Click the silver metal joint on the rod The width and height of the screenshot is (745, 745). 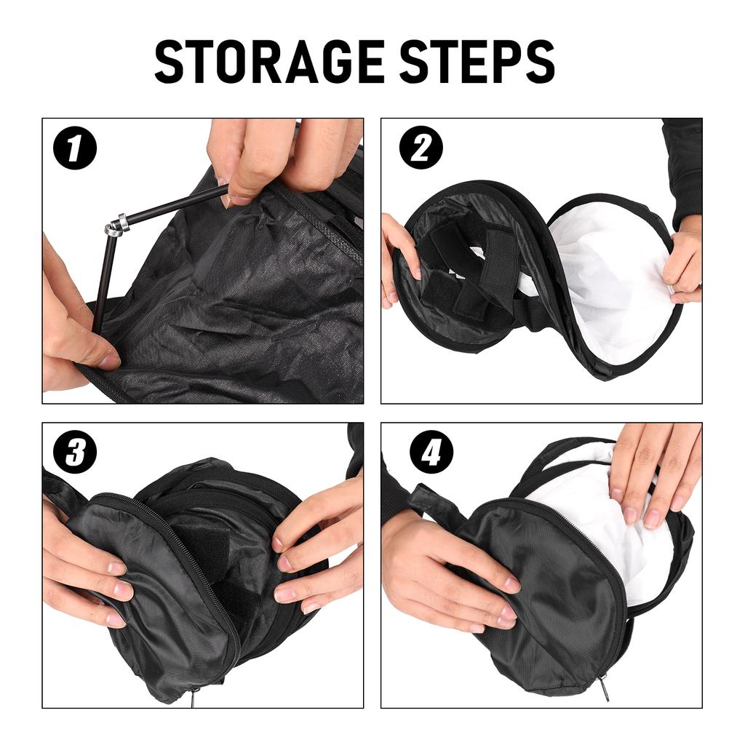point(116,225)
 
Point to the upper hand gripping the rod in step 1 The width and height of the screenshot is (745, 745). point(276,156)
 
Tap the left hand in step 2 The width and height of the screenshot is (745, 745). point(399,255)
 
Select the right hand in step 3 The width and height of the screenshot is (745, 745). point(320,553)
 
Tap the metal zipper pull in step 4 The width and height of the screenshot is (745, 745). point(604,688)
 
